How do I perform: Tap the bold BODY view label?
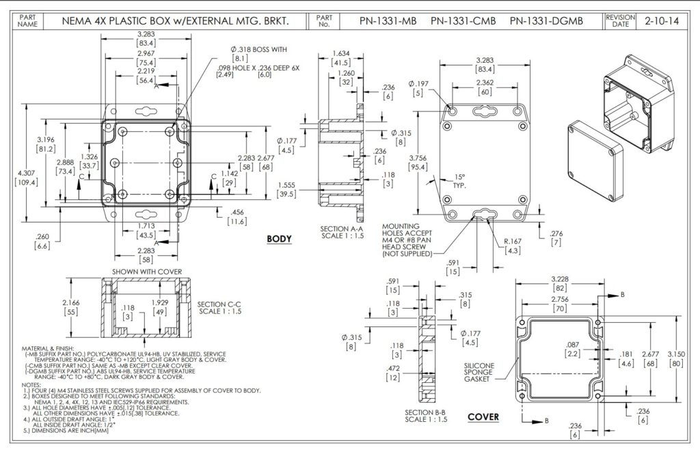[279, 239]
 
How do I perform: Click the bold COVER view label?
[483, 417]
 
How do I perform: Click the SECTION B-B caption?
[425, 416]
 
